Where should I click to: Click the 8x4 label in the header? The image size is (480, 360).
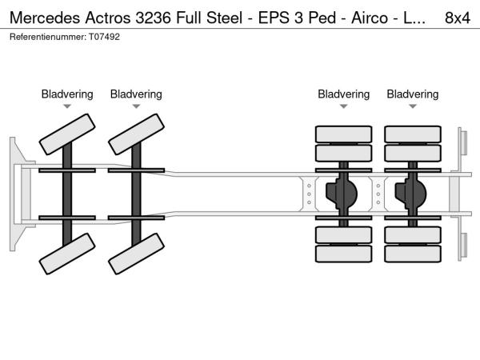click(x=456, y=16)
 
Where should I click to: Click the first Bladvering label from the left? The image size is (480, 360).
click(x=67, y=94)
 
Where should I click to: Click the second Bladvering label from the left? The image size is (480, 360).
click(x=136, y=94)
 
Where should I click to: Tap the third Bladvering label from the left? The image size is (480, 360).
click(x=343, y=94)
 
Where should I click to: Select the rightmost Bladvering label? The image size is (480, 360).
click(x=413, y=94)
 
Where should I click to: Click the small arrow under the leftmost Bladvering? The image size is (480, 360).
click(x=67, y=106)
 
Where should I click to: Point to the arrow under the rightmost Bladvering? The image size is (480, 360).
click(x=413, y=106)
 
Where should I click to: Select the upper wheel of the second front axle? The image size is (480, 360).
click(x=137, y=133)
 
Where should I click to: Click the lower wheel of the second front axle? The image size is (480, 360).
click(x=137, y=257)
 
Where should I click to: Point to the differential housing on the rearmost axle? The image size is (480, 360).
click(x=413, y=193)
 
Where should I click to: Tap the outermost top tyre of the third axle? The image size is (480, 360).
click(x=343, y=134)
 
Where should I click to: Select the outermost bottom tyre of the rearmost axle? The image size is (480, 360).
click(x=413, y=254)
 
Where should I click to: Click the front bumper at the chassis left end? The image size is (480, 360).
click(x=18, y=193)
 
